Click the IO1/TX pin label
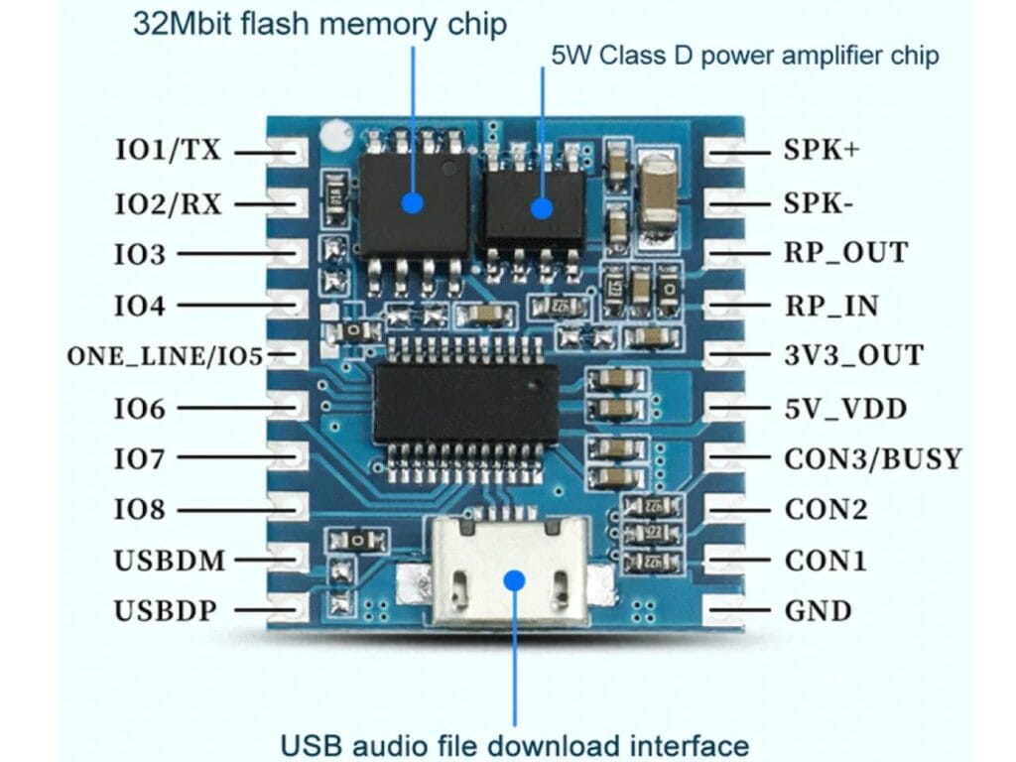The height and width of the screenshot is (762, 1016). point(168,152)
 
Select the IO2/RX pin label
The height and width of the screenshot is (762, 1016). point(168,203)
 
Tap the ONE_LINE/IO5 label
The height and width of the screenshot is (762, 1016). point(165,355)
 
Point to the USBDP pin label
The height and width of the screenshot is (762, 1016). point(165,610)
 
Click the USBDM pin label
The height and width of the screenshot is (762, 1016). point(170,561)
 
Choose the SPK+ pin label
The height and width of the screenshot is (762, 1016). point(821,152)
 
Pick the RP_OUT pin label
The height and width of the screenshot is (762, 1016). point(845,253)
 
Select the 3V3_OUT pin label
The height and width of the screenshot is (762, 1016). point(853,355)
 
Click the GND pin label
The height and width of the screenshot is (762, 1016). point(819,610)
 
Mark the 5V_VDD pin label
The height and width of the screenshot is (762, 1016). point(845,408)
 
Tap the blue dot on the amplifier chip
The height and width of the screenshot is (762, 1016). point(541,208)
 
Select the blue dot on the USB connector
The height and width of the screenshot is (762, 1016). point(514,579)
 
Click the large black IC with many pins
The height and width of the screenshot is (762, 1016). point(464,402)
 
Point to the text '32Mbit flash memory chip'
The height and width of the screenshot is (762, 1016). point(320,24)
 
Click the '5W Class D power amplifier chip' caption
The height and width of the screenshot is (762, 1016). point(744,54)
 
